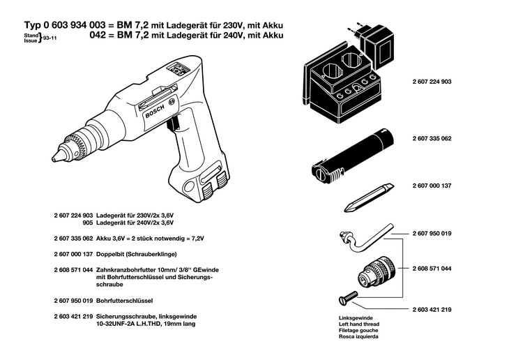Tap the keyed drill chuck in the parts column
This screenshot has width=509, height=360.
[x=377, y=269]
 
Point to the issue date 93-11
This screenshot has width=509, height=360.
[x=50, y=39]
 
